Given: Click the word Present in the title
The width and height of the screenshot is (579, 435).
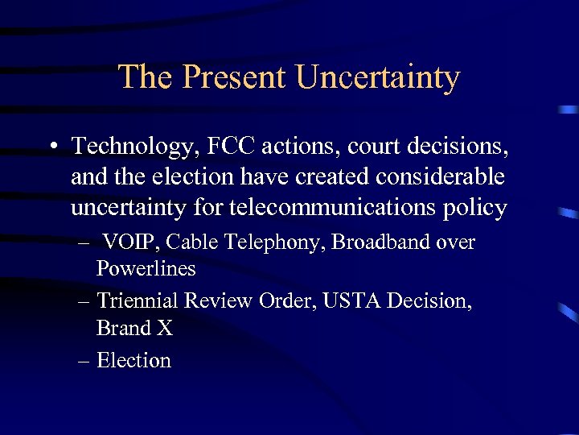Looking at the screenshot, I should (x=234, y=77).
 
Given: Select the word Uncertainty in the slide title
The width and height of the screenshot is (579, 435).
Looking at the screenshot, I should (x=378, y=77).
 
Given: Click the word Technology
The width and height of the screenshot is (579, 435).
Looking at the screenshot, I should (x=132, y=147).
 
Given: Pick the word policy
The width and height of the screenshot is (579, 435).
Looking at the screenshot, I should (x=474, y=209).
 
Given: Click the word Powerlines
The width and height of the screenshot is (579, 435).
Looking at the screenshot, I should (x=146, y=269).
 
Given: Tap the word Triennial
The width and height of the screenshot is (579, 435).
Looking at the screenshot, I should (x=138, y=301).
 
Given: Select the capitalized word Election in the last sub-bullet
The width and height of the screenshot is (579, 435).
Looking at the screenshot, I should (x=133, y=360).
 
